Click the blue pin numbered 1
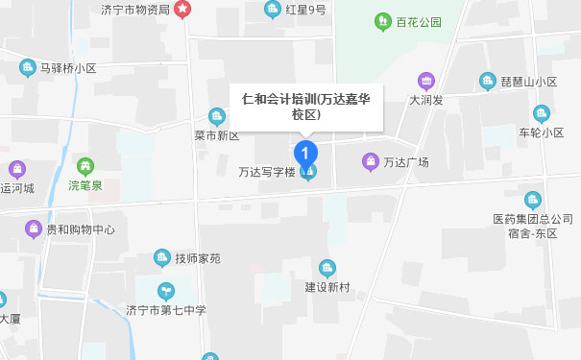click(x=305, y=152)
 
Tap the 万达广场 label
click(x=405, y=161)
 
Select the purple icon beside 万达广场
click(x=370, y=160)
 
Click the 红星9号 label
click(x=305, y=10)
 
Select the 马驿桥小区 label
click(x=69, y=68)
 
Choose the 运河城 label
click(x=17, y=188)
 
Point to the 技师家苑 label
click(x=198, y=258)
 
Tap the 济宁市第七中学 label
click(x=166, y=310)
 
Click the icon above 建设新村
click(x=327, y=268)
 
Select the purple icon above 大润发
click(x=424, y=81)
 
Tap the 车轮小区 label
click(x=541, y=132)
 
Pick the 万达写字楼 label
click(x=266, y=174)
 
